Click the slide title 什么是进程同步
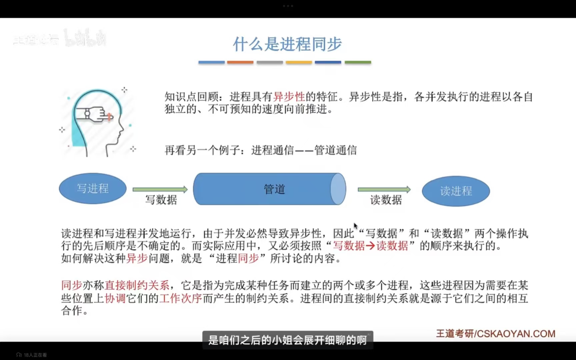[x=287, y=44]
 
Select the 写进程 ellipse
[x=93, y=189]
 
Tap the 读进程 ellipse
[x=456, y=191]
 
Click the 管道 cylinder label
[x=274, y=189]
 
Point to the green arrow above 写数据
[x=160, y=189]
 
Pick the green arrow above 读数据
[x=384, y=189]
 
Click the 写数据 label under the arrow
[x=161, y=200]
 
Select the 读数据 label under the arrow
[x=386, y=200]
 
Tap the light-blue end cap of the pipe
[x=338, y=189]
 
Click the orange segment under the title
[x=240, y=62]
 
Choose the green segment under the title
[x=358, y=62]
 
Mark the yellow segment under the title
[x=299, y=62]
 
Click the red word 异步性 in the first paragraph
[x=289, y=97]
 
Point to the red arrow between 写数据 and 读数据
[x=370, y=246]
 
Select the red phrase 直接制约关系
[x=137, y=285]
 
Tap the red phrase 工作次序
[x=181, y=298]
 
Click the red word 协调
[x=115, y=298]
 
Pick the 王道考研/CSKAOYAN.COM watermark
[x=495, y=334]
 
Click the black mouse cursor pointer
[x=355, y=226]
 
